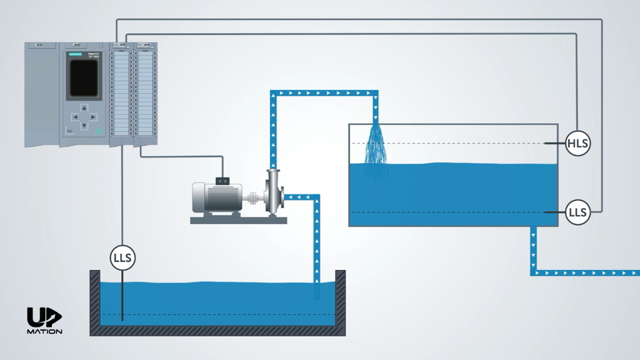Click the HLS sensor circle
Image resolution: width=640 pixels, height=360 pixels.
click(x=577, y=144)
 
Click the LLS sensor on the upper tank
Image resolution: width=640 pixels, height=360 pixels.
click(x=577, y=212)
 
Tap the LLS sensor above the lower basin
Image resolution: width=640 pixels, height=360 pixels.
click(x=123, y=257)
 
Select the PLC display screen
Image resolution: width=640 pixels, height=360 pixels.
click(x=83, y=78)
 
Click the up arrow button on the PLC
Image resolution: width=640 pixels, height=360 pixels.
click(x=83, y=107)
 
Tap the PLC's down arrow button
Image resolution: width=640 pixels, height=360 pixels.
click(x=83, y=125)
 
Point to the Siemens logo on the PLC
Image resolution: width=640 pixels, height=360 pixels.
click(x=75, y=56)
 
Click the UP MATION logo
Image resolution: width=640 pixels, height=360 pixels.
click(x=44, y=321)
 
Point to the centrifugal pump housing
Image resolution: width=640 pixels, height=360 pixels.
click(x=274, y=197)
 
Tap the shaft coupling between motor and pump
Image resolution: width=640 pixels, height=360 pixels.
click(x=252, y=199)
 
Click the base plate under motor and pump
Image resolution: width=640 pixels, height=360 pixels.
click(x=238, y=219)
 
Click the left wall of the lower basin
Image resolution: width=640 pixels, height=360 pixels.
click(x=95, y=300)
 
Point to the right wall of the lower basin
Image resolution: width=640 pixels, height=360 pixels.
click(x=341, y=300)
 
